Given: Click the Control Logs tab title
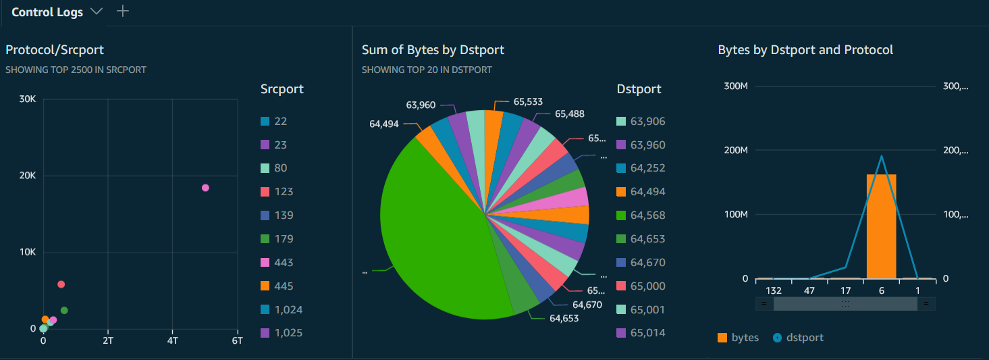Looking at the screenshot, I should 47,12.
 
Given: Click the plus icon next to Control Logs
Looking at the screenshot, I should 122,11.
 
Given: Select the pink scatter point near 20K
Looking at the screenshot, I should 205,188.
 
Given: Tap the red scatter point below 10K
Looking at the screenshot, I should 61,284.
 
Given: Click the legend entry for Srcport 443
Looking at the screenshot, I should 284,262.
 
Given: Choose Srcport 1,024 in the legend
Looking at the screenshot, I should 288,309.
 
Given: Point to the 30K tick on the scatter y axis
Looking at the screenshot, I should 28,99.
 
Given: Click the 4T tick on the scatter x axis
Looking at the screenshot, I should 172,341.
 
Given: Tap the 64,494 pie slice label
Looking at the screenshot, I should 383,124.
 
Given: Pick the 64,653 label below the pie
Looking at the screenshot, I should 564,318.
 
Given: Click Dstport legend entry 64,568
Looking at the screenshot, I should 647,215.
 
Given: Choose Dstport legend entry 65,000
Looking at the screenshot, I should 647,286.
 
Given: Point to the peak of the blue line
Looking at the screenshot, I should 881,156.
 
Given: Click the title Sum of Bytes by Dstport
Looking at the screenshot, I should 433,49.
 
